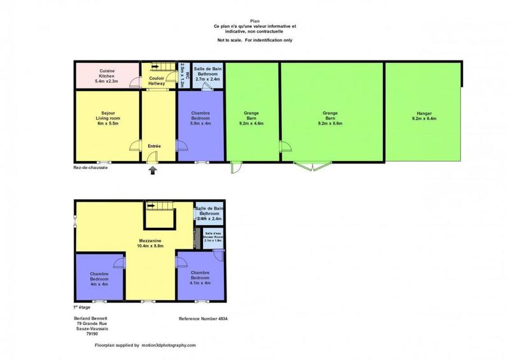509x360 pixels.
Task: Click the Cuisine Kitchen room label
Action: (107, 76)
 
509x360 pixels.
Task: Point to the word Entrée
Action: (154, 146)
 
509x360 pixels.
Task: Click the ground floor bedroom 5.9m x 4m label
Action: (200, 119)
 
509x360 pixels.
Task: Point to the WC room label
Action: (183, 76)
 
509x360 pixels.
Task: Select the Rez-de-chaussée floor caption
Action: (90, 169)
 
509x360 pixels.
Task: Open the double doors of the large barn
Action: (309, 167)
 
